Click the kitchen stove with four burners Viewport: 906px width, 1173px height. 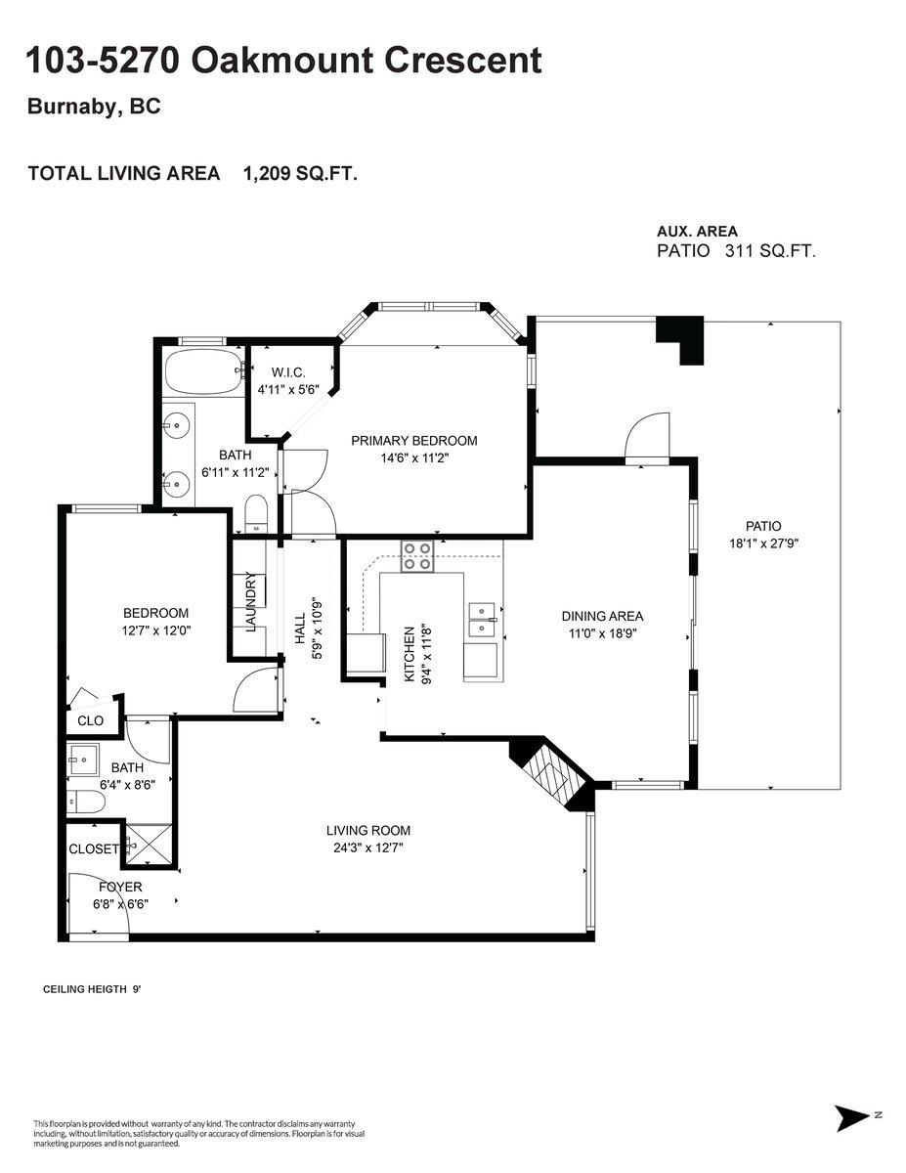pos(417,556)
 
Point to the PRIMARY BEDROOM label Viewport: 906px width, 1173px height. pos(413,441)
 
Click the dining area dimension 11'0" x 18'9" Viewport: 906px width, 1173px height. pos(602,633)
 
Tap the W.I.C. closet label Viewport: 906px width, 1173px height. pos(288,371)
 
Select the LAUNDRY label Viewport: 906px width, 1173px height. pos(251,602)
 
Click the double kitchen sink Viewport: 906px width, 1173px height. pos(483,621)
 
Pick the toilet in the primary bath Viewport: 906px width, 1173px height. pos(256,515)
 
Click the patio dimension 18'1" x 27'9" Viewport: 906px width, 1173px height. pos(763,543)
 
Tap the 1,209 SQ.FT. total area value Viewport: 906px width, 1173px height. pos(301,173)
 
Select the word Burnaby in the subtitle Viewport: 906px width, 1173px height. pos(72,107)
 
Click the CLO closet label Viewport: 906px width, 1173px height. pos(90,720)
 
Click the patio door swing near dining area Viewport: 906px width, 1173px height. pos(647,435)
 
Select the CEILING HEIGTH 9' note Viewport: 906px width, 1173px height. pos(92,989)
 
